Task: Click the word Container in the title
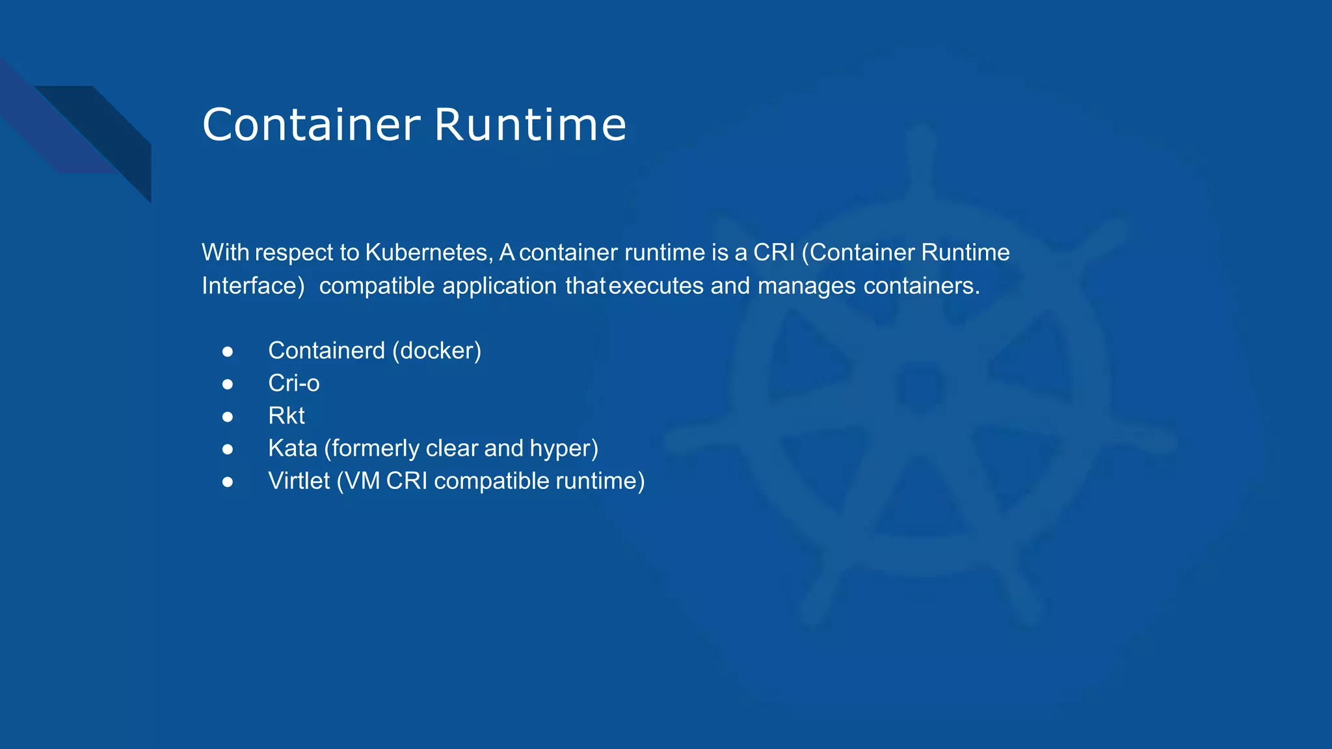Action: pyautogui.click(x=311, y=125)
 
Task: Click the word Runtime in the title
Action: pyautogui.click(x=530, y=125)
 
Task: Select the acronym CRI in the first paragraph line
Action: pyautogui.click(x=774, y=252)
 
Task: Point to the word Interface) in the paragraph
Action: pyautogui.click(x=253, y=286)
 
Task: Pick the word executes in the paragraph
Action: pyautogui.click(x=656, y=286)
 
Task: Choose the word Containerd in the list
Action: pyautogui.click(x=326, y=351)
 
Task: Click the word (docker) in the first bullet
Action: pyautogui.click(x=437, y=351)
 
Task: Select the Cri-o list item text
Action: pyautogui.click(x=294, y=384)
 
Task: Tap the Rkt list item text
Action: pyautogui.click(x=286, y=416)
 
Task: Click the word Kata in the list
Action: pyautogui.click(x=293, y=449)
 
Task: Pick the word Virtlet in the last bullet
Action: pyautogui.click(x=299, y=481)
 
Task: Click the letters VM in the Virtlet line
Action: pyautogui.click(x=362, y=481)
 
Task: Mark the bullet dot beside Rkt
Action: pyautogui.click(x=228, y=417)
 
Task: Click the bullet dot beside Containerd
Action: pyautogui.click(x=228, y=352)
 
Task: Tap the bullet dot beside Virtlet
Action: pyautogui.click(x=228, y=482)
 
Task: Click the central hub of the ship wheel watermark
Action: pyautogui.click(x=920, y=387)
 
